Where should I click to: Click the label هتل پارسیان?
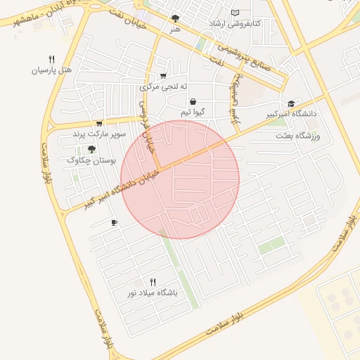point(53,70)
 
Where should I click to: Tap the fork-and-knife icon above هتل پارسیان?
point(51,59)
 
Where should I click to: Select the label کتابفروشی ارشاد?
point(234,24)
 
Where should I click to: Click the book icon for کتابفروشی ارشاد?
point(235,13)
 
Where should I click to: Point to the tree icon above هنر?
point(175,18)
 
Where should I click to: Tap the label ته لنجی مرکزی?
point(164,87)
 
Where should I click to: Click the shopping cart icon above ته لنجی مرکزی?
point(163,76)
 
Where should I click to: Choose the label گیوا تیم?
point(193,112)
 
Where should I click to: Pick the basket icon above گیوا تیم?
point(193,101)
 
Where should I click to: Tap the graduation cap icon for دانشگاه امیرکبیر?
point(291,103)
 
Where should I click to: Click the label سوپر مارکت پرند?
point(98,133)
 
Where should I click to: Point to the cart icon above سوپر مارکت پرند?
point(98,122)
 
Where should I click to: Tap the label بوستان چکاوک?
point(91,160)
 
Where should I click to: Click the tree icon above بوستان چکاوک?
point(91,149)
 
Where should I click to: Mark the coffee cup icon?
point(115,223)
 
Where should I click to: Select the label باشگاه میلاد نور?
point(153,292)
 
